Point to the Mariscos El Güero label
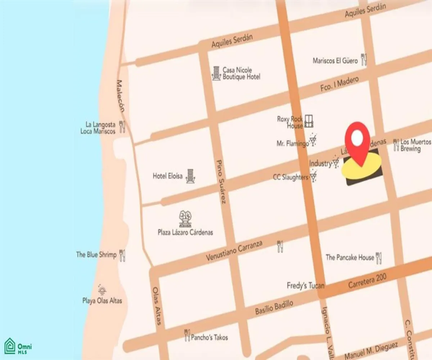[x=335, y=61]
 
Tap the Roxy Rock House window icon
[x=309, y=121]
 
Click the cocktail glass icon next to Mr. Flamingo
[x=313, y=140]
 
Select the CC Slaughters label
[x=290, y=177]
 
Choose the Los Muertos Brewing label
[x=415, y=145]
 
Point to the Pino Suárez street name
[x=221, y=181]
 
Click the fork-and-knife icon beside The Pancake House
[x=378, y=258]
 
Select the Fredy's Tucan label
[x=305, y=286]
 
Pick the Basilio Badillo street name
[x=274, y=307]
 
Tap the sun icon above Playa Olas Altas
[x=102, y=289]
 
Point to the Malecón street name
[x=121, y=95]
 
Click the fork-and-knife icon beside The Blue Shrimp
[x=122, y=255]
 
